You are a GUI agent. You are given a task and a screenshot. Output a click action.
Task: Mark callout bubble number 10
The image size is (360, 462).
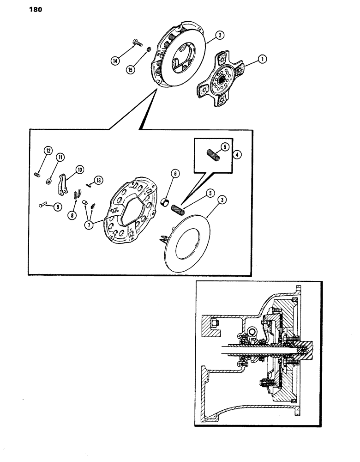pyautogui.click(x=79, y=170)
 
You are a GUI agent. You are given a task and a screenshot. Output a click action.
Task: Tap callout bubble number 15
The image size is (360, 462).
pyautogui.click(x=131, y=70)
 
